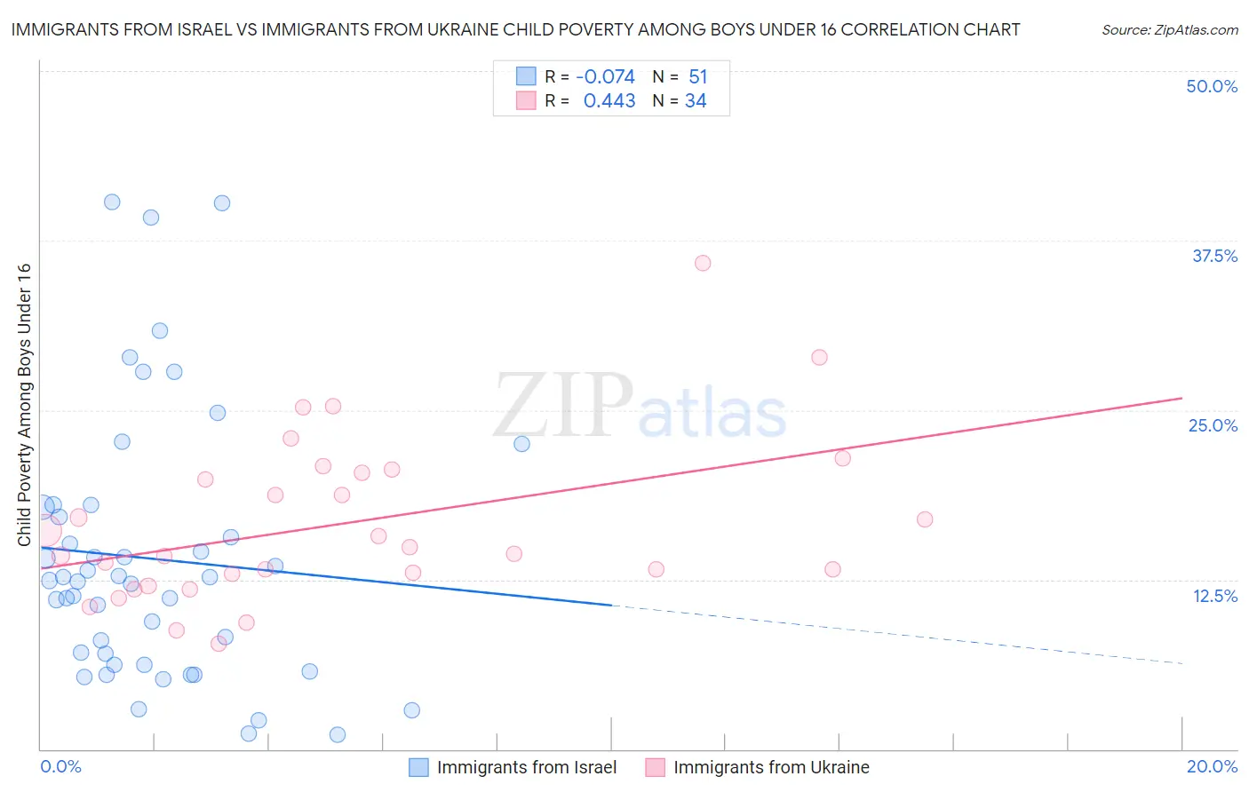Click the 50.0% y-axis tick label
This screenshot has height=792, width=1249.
click(1212, 86)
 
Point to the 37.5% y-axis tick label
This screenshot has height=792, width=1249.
click(1214, 256)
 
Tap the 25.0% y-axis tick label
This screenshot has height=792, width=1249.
click(1213, 425)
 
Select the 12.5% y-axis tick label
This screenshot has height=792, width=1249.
click(1214, 596)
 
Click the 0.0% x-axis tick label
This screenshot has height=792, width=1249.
click(60, 766)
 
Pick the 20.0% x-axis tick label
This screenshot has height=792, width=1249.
click(1212, 766)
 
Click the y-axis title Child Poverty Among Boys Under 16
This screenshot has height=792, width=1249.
click(24, 405)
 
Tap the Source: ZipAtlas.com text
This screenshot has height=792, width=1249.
click(1169, 30)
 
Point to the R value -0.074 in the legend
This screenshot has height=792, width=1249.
click(605, 77)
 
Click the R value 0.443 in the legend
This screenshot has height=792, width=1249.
click(609, 101)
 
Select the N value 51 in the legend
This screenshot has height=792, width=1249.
click(698, 77)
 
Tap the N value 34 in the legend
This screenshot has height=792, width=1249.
click(696, 101)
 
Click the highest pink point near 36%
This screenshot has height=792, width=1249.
click(703, 263)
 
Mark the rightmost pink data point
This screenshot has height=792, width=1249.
click(925, 519)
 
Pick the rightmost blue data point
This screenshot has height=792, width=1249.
click(521, 444)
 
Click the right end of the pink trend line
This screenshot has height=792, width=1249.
click(1181, 398)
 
